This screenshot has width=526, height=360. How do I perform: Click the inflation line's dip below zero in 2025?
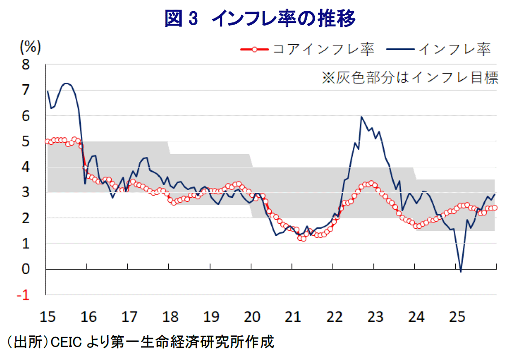coord(461,271)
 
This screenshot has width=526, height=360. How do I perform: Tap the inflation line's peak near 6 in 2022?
coord(361,117)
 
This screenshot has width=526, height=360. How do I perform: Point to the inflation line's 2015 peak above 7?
coord(66,83)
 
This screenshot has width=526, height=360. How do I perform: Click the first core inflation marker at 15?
coord(48,141)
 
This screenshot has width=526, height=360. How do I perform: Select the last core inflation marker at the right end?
coord(495,207)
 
